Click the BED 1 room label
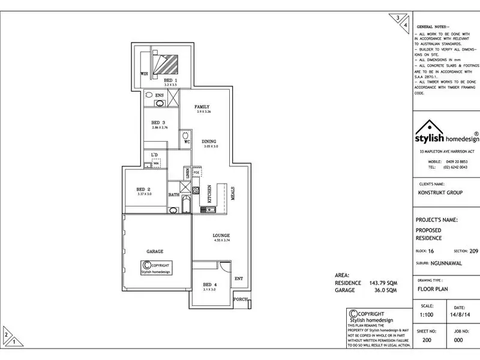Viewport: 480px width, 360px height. pyautogui.click(x=171, y=80)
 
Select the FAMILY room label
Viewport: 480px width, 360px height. pyautogui.click(x=202, y=107)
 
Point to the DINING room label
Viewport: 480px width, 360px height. pyautogui.click(x=209, y=141)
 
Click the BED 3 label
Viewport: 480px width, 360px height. pyautogui.click(x=159, y=123)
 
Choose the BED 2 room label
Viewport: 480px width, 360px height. pyautogui.click(x=144, y=189)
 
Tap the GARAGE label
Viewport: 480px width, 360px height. pyautogui.click(x=155, y=251)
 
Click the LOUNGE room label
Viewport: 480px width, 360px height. pyautogui.click(x=221, y=235)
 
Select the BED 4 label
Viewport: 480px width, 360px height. pyautogui.click(x=209, y=284)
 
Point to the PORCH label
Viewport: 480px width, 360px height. pyautogui.click(x=241, y=299)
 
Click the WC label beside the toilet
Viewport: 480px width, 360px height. pyautogui.click(x=187, y=142)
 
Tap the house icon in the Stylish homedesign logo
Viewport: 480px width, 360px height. pyautogui.click(x=427, y=129)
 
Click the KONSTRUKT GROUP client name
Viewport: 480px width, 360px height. pyautogui.click(x=440, y=194)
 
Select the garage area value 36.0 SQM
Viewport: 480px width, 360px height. pyautogui.click(x=384, y=290)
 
